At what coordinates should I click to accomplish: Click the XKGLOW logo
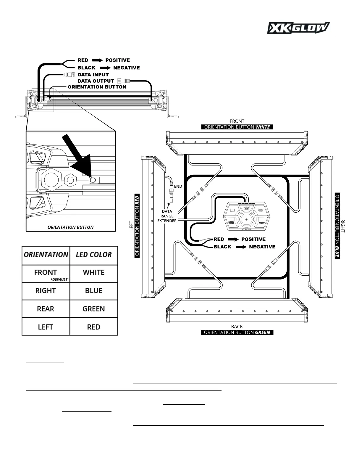[298, 28]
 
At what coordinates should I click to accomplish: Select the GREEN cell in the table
[93, 309]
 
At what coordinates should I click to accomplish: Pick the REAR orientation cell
[46, 309]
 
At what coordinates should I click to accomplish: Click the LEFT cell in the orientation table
[46, 327]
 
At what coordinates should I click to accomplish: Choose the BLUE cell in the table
[93, 291]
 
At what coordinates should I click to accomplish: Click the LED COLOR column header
[93, 255]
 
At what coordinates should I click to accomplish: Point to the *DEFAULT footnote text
[59, 279]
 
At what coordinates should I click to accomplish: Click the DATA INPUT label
[93, 75]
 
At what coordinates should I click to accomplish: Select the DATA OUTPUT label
[96, 81]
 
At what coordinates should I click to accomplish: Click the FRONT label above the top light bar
[237, 121]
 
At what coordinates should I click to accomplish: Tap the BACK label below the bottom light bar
[237, 327]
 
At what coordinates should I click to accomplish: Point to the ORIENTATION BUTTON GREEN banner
[237, 332]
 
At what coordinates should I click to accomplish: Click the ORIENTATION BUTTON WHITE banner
[237, 127]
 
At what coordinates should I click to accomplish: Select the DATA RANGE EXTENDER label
[167, 216]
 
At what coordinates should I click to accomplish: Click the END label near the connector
[178, 186]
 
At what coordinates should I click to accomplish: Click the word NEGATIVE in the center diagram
[262, 247]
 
